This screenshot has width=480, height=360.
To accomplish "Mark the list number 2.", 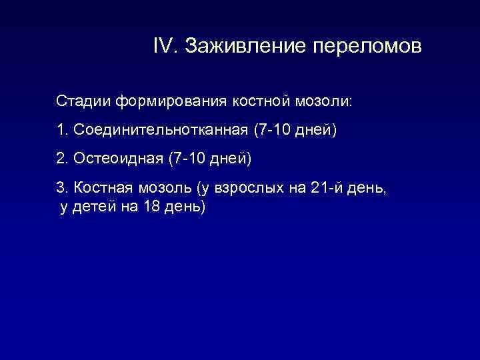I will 61,159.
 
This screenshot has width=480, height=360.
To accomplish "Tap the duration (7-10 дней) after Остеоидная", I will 209,159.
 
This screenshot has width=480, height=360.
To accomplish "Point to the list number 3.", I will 61,188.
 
